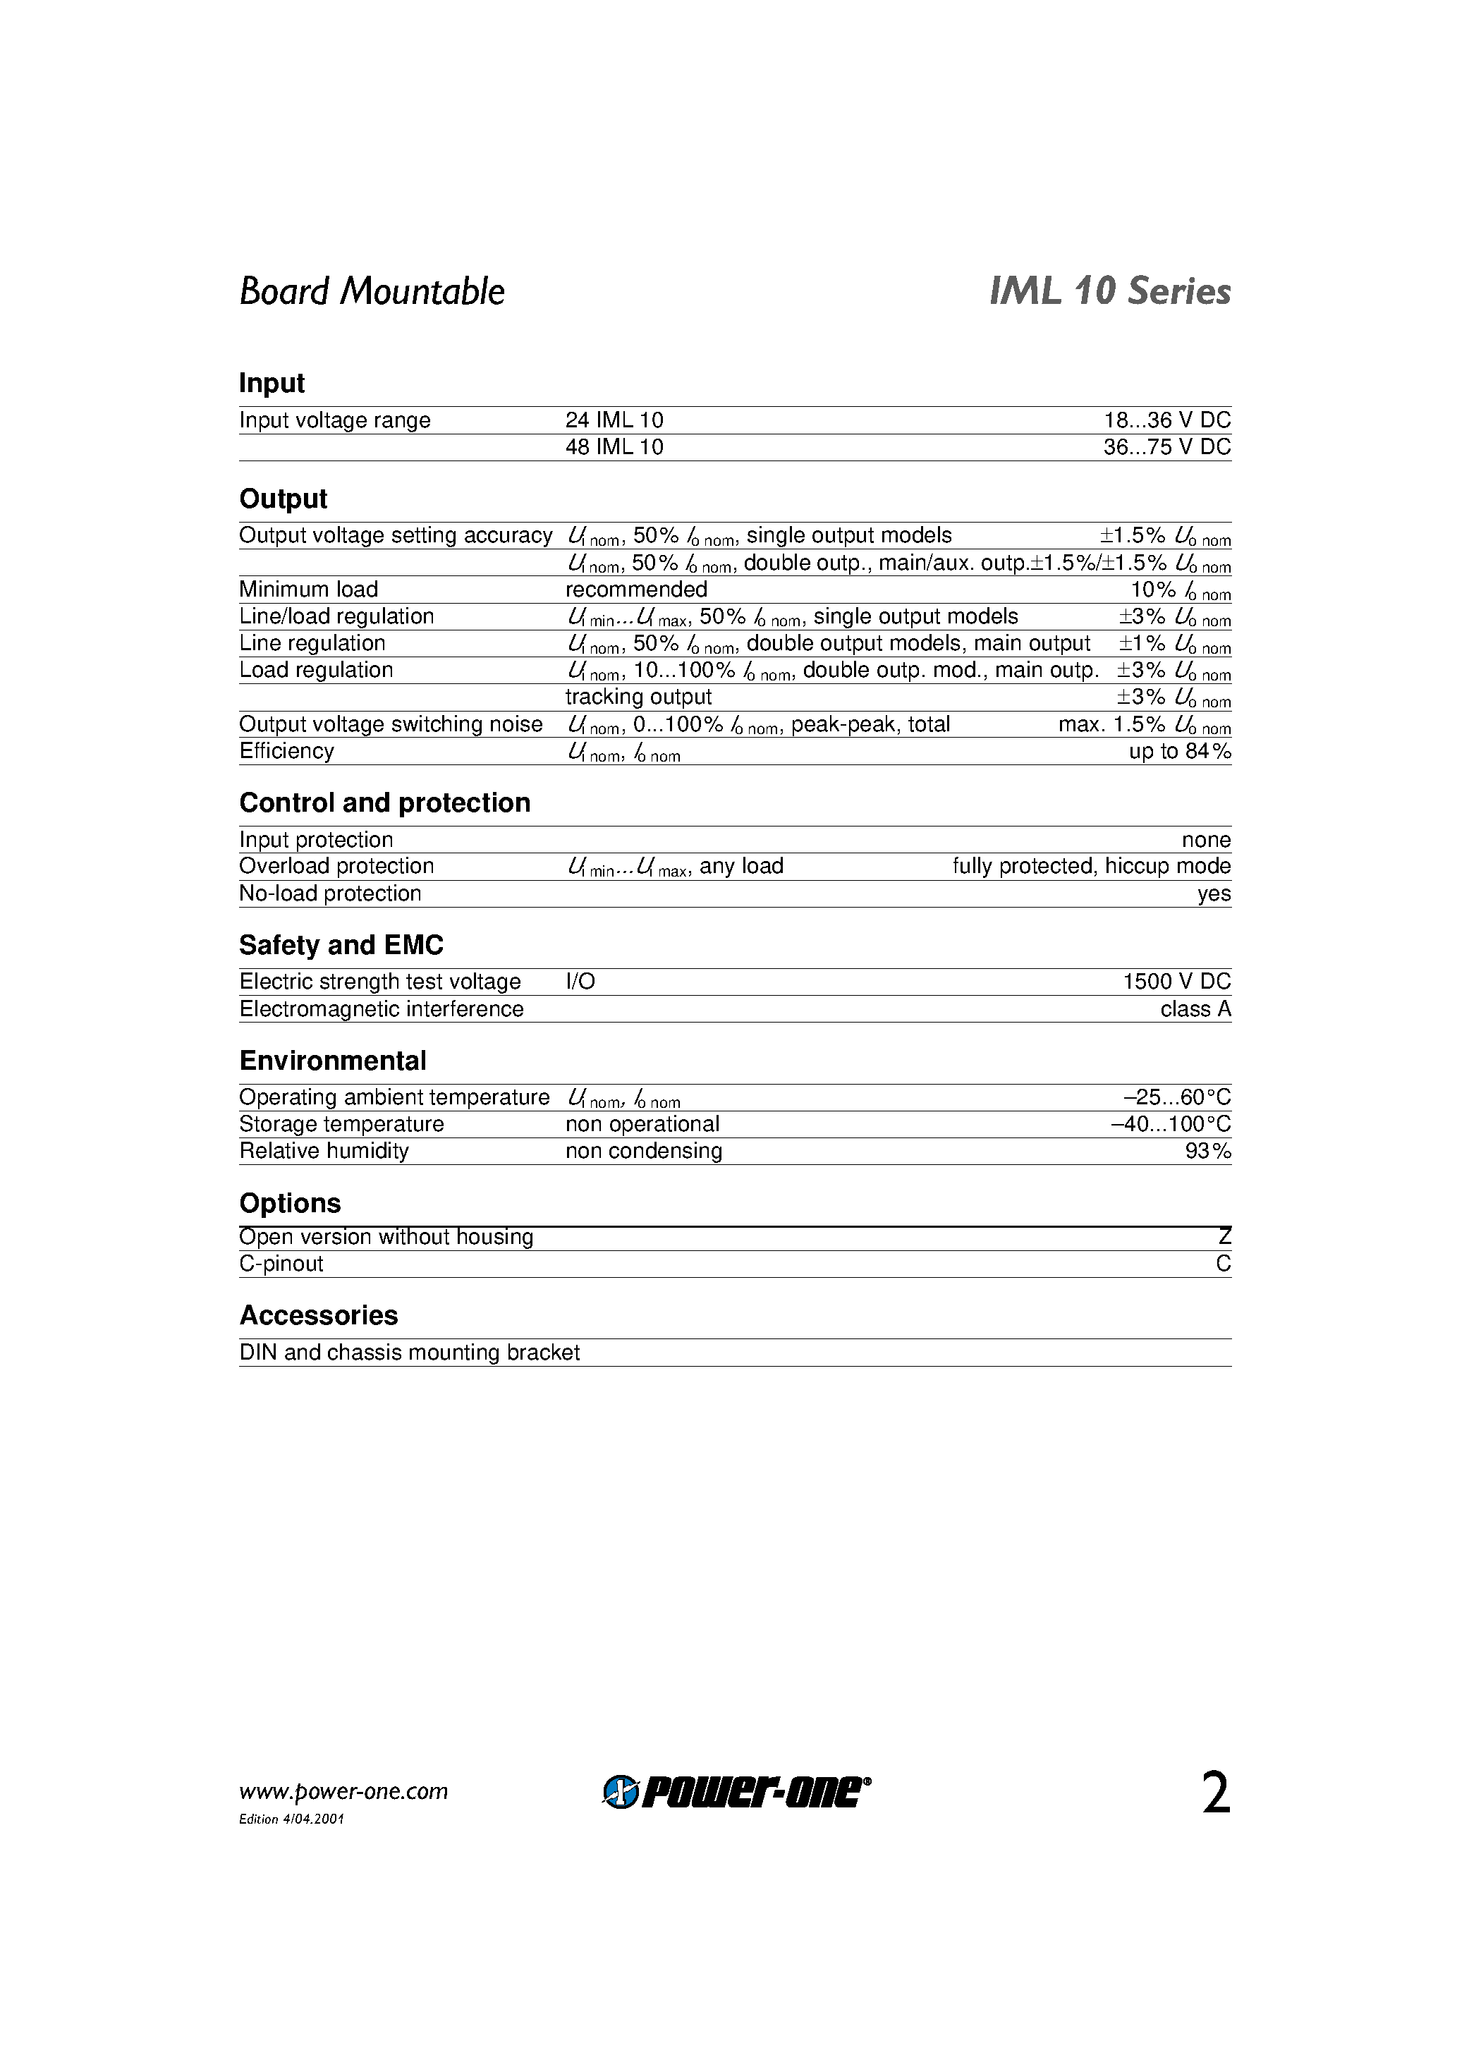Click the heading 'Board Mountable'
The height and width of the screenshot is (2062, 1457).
click(x=371, y=292)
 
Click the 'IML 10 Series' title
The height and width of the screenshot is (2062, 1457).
click(x=1109, y=292)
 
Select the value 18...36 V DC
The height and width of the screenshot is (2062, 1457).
click(x=1167, y=420)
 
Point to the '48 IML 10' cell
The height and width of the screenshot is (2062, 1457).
click(x=614, y=447)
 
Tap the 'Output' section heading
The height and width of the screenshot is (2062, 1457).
click(x=283, y=499)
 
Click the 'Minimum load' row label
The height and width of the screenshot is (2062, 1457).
click(x=308, y=590)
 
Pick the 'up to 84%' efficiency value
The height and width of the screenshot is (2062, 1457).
click(x=1179, y=752)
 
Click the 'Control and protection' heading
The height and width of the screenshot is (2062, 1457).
click(x=384, y=803)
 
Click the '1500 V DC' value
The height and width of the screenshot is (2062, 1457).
click(x=1176, y=982)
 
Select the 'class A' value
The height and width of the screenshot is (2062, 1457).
click(x=1195, y=1009)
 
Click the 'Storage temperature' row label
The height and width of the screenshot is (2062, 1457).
click(x=341, y=1124)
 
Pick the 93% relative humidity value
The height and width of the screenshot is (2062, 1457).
click(x=1207, y=1152)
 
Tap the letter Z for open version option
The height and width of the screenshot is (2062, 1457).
click(x=1224, y=1238)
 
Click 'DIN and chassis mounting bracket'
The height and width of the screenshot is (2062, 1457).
click(x=409, y=1353)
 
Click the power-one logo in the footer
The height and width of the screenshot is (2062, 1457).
click(x=736, y=1793)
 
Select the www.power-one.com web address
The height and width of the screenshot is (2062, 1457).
click(x=343, y=1793)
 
